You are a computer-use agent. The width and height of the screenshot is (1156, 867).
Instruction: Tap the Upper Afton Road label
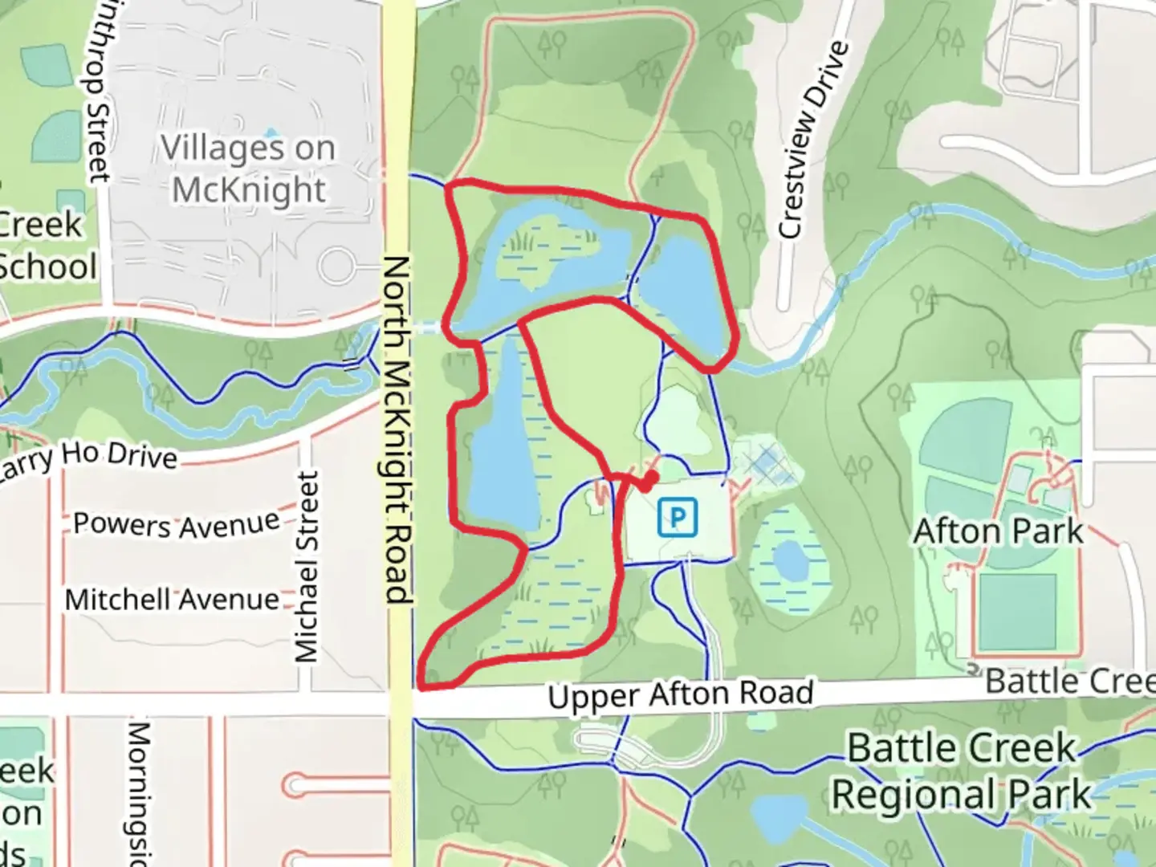coord(680,694)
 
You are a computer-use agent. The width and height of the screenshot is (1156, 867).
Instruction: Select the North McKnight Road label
coord(397,429)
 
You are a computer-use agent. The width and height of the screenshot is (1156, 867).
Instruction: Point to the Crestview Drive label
coord(813,140)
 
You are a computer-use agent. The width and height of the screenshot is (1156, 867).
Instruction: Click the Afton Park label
coord(999,531)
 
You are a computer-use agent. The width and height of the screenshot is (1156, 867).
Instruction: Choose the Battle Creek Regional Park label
coord(961,771)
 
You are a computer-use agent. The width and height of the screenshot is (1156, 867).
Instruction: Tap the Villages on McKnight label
coord(248,169)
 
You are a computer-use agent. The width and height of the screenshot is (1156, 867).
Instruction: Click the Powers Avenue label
coord(176,523)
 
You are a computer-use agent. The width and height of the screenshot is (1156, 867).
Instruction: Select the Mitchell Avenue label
coord(172,600)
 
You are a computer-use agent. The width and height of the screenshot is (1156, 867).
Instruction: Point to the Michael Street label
coord(307,567)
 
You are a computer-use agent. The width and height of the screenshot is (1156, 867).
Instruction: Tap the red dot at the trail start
coord(647,483)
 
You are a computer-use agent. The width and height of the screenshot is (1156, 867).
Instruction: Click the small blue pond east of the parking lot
coord(790,559)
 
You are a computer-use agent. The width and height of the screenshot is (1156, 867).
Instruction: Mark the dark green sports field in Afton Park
coord(1016,612)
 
